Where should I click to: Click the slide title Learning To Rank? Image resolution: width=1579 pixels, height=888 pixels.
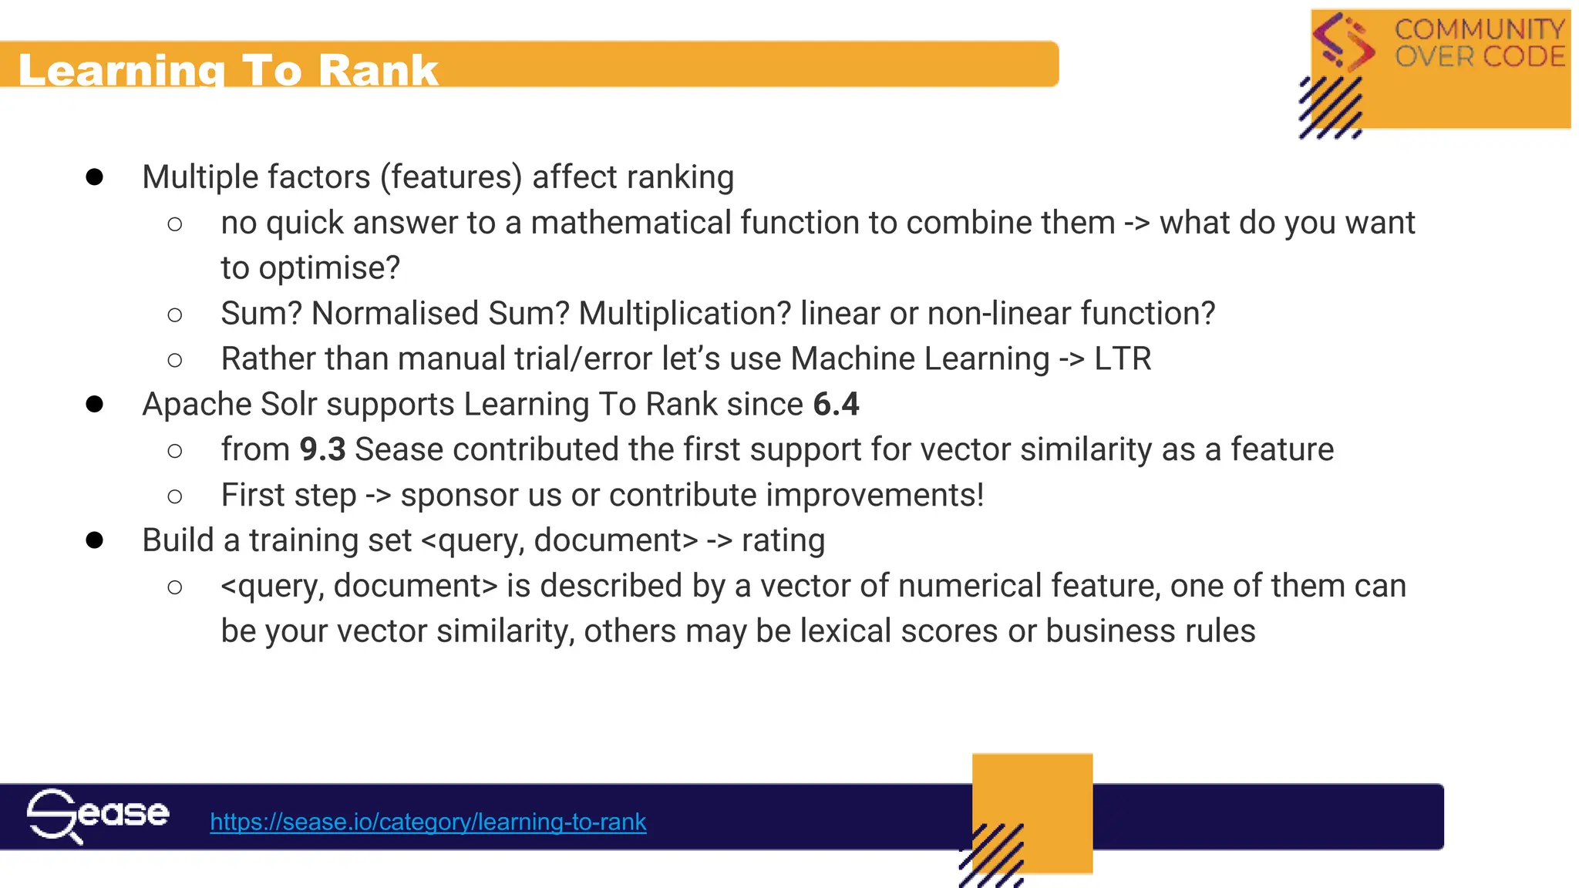pyautogui.click(x=228, y=70)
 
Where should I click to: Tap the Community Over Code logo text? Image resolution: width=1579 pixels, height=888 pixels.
pyautogui.click(x=1479, y=43)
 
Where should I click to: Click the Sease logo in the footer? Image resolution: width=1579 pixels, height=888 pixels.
pyautogui.click(x=98, y=816)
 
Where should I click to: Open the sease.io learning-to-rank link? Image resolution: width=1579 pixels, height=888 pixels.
pyautogui.click(x=428, y=822)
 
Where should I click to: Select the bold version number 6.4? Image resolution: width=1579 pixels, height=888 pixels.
pyautogui.click(x=836, y=405)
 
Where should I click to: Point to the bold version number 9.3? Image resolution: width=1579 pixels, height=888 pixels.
pyautogui.click(x=322, y=450)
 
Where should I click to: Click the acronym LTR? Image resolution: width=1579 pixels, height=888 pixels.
pyautogui.click(x=1123, y=359)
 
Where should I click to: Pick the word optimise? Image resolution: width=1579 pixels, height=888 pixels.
pyautogui.click(x=329, y=268)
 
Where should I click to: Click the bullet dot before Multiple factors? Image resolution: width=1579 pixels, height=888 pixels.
pyautogui.click(x=95, y=177)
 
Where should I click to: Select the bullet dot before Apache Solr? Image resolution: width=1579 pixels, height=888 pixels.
pyautogui.click(x=95, y=405)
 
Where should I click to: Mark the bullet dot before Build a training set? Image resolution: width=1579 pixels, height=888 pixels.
pyautogui.click(x=95, y=540)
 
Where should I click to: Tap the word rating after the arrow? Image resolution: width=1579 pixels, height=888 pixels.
pyautogui.click(x=783, y=540)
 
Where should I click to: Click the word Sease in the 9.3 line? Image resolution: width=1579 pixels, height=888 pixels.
pyautogui.click(x=399, y=450)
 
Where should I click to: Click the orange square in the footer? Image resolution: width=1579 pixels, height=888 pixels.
pyautogui.click(x=1032, y=802)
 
